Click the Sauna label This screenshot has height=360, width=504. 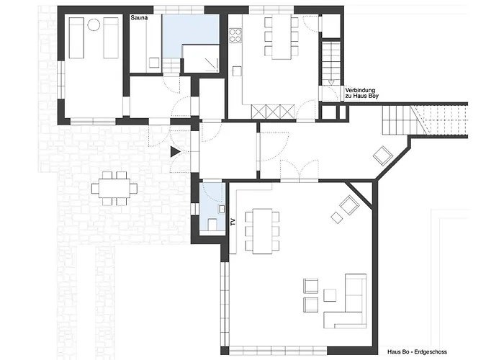point(139,18)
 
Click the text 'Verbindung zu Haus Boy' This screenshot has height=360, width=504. point(361,93)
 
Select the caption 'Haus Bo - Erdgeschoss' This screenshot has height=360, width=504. point(417,352)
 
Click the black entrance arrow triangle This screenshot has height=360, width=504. point(175,152)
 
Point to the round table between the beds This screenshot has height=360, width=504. point(94,24)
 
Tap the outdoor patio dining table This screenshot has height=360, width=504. point(114,188)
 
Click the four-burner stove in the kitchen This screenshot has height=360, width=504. point(235,35)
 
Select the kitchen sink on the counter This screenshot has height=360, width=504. point(237,71)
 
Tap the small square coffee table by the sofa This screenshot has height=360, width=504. point(330,295)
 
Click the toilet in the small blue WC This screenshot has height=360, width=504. point(212,225)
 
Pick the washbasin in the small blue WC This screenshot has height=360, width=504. point(222,209)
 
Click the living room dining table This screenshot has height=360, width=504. point(262,231)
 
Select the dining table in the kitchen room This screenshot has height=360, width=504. point(282,38)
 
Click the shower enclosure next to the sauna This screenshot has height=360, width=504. point(201,58)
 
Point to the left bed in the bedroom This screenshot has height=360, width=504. point(76,38)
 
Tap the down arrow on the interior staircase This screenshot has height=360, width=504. point(331,83)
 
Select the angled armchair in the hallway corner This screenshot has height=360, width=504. point(383,156)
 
